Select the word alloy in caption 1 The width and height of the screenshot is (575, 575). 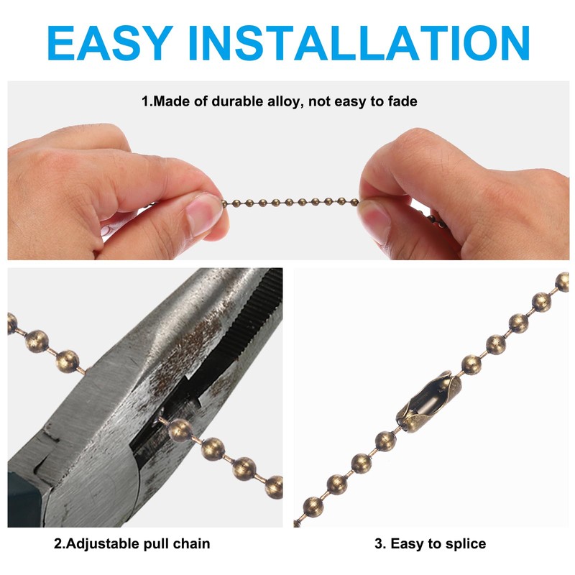coord(285,101)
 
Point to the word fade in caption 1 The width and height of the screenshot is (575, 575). coord(402,101)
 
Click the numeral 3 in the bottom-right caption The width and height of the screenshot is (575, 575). coord(378,543)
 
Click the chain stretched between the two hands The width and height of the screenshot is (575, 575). coord(291,201)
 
